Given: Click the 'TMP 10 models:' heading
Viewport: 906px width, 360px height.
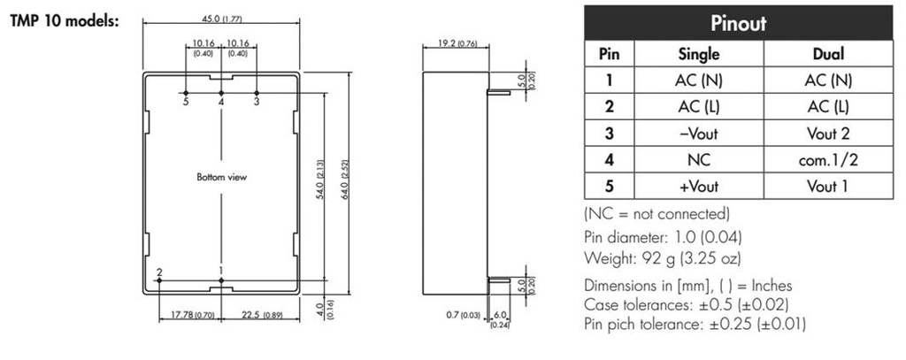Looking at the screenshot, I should [x=64, y=20].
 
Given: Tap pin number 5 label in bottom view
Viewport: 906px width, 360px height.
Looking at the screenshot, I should [x=186, y=103].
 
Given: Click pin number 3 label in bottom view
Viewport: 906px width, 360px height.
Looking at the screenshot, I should [x=257, y=103].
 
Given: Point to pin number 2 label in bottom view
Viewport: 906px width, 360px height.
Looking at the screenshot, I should [x=158, y=272].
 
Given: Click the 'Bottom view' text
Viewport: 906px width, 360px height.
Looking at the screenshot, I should [x=221, y=177].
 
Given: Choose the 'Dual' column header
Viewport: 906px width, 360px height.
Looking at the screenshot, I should [x=828, y=53].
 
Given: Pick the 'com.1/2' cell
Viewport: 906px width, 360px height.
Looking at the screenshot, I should [x=828, y=160].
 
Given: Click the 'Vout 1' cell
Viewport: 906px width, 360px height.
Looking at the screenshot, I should [x=828, y=187].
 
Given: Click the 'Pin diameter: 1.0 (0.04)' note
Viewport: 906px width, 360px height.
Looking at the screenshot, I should [x=664, y=236].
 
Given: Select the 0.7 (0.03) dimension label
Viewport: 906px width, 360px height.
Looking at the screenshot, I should [x=463, y=314].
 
